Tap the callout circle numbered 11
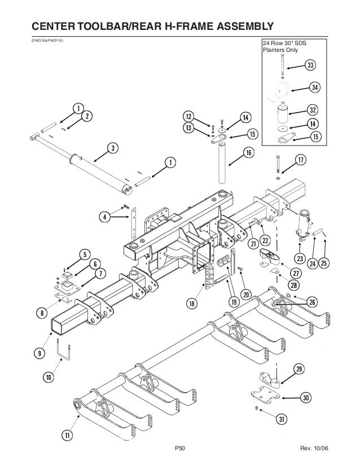click(68, 436)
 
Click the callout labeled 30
click(306, 398)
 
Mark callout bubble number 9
click(39, 354)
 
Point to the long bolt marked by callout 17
click(278, 165)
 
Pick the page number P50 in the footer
click(180, 449)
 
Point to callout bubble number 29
click(298, 370)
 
